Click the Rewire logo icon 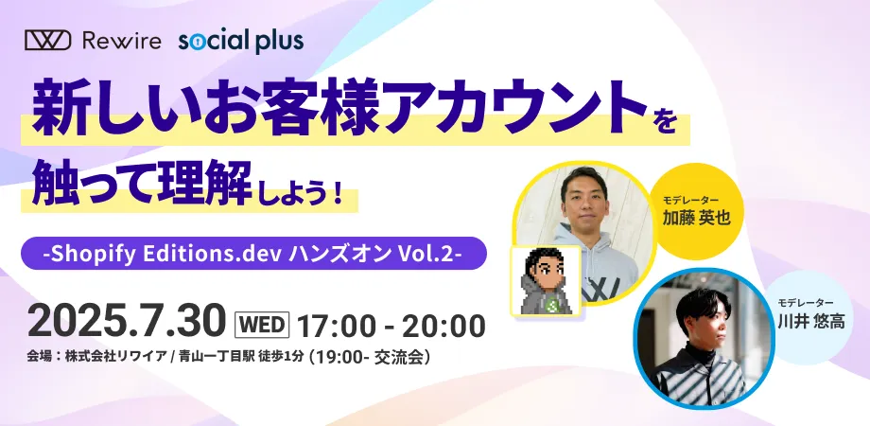tap(47, 41)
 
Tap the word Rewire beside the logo tap(121, 41)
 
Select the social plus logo tap(241, 42)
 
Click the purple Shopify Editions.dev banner tap(253, 254)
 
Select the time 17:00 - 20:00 tap(391, 326)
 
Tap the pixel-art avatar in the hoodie tap(546, 281)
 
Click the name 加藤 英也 tap(696, 217)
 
